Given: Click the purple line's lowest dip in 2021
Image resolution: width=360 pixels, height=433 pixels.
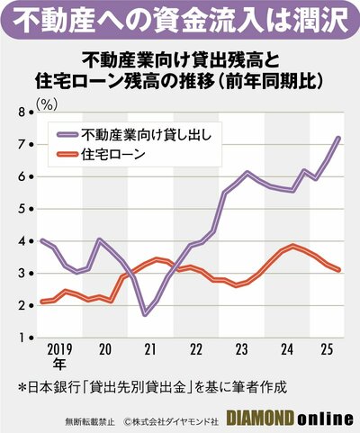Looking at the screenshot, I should pyautogui.click(x=144, y=314).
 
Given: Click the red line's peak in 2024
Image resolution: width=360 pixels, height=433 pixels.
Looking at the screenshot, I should pyautogui.click(x=293, y=245).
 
